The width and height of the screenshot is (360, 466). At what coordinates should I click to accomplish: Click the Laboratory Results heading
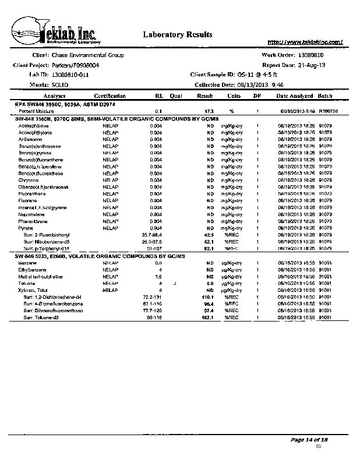click(174, 35)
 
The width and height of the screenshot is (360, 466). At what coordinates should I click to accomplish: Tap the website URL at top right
click(305, 42)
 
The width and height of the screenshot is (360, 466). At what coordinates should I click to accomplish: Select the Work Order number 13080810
click(315, 55)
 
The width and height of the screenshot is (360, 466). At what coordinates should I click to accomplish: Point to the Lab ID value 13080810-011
click(70, 75)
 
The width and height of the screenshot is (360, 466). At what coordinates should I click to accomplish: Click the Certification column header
click(110, 96)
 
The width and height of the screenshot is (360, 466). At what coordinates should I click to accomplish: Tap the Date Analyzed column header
click(294, 96)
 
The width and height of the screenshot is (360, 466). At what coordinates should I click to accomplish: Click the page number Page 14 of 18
click(309, 439)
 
